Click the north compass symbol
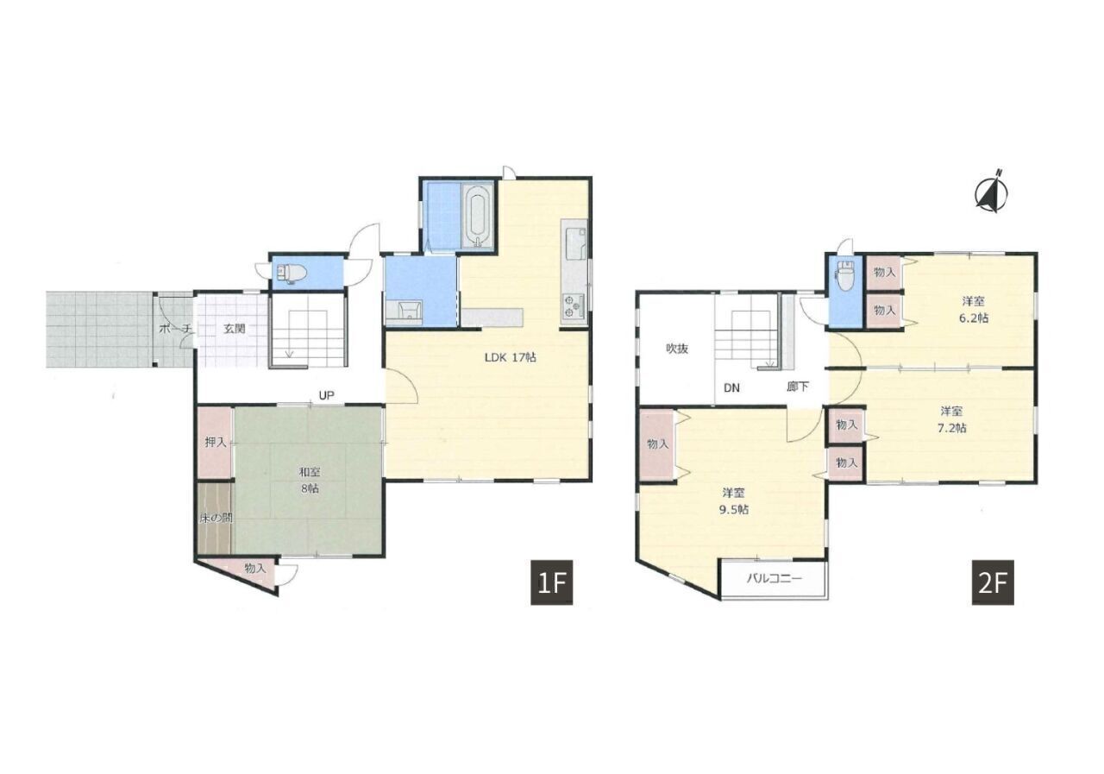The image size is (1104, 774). (991, 192)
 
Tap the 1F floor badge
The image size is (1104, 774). (551, 583)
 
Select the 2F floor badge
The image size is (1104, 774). (993, 583)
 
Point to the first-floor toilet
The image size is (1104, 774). (292, 272)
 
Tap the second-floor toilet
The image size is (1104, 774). (846, 277)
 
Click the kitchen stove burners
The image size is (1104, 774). (572, 305)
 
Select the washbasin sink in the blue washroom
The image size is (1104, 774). (410, 311)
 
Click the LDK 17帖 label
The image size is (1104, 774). (510, 357)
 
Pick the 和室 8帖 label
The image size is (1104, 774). (309, 480)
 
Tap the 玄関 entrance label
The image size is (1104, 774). (234, 329)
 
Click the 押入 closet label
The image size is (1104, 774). (216, 442)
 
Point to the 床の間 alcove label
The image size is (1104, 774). (216, 518)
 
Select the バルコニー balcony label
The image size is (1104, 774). (775, 578)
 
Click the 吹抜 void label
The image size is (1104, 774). (677, 349)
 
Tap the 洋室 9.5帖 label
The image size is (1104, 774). (734, 500)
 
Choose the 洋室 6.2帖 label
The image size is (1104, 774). (973, 309)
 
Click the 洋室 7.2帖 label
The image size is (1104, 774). (951, 419)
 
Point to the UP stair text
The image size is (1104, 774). (326, 395)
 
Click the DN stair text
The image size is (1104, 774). (731, 388)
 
